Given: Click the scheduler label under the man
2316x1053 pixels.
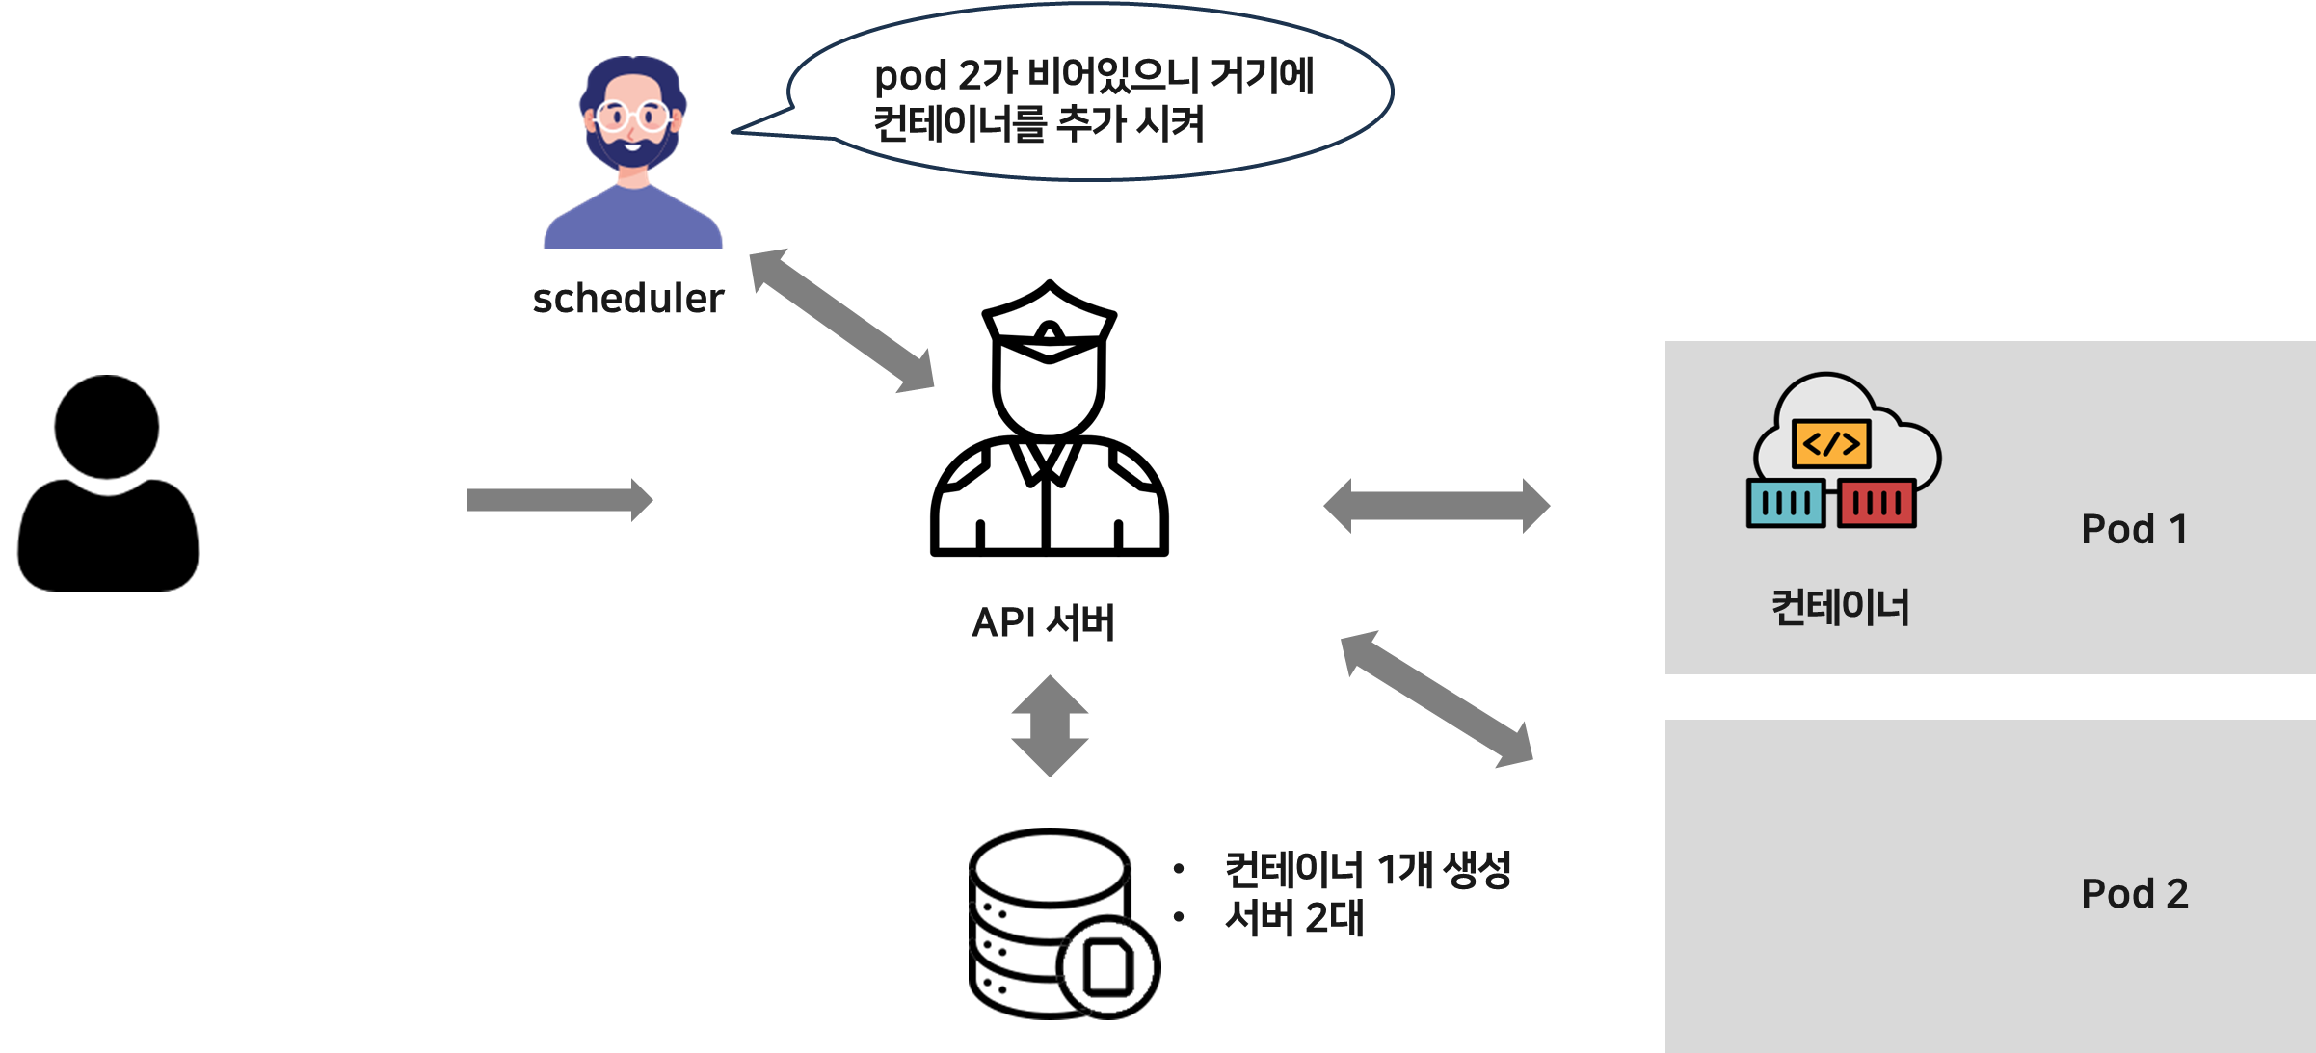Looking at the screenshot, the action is [628, 299].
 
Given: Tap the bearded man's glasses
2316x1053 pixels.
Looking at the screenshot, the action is [631, 117].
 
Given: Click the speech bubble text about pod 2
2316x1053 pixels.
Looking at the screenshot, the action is [1092, 99].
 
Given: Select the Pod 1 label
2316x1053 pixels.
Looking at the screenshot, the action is [2134, 529].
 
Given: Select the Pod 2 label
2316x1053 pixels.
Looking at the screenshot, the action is [2134, 894].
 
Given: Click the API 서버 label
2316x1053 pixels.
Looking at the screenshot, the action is [1043, 622].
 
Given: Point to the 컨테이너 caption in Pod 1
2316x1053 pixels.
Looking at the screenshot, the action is [1840, 607].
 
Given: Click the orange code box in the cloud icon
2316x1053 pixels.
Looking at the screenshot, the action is [1831, 444].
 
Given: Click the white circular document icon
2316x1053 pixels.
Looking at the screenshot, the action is [1108, 967].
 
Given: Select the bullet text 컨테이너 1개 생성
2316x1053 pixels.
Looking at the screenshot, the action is [1368, 870].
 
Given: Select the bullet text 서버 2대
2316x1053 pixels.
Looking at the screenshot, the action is [1294, 918].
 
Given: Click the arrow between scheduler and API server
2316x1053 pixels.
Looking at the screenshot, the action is [841, 321].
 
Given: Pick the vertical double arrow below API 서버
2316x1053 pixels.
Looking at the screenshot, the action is [1050, 725].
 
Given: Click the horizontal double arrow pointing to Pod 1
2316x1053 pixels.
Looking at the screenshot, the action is [1436, 505].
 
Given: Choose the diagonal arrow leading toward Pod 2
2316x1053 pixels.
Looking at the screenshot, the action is [1436, 698].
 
